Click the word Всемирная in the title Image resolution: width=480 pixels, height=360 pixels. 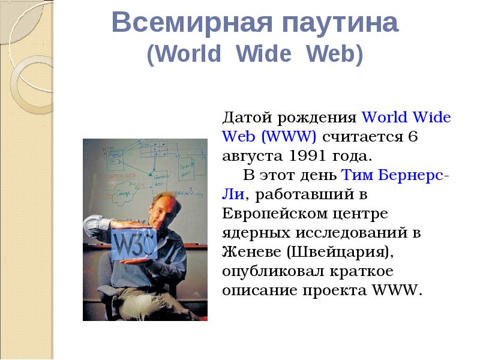coord(192,22)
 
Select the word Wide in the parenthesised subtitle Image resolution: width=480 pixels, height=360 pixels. coord(263,53)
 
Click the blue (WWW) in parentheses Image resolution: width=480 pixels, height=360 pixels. coord(289,137)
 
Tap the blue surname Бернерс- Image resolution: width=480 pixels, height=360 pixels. coord(414,175)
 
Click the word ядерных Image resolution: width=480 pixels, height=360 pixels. coord(256,233)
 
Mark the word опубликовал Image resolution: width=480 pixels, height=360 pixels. coord(273,272)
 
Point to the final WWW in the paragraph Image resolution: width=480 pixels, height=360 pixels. coord(398,290)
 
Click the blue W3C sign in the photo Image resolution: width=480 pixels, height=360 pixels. coord(134,244)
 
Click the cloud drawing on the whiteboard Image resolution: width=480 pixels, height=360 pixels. coord(124,192)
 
